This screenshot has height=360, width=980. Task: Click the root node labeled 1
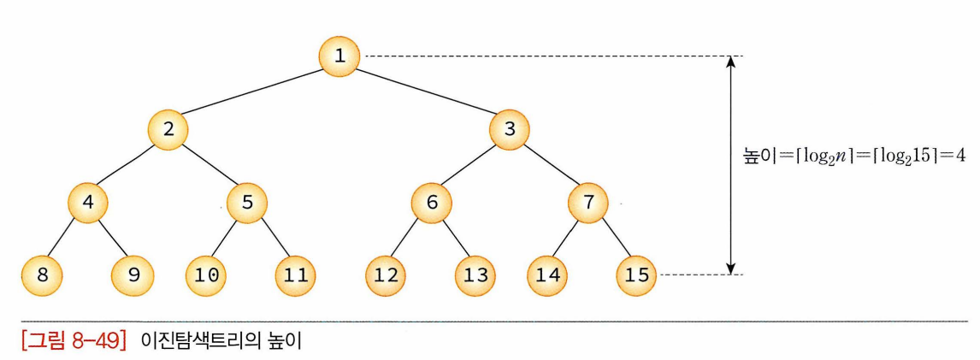click(x=339, y=56)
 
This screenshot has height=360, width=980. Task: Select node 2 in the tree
click(x=168, y=130)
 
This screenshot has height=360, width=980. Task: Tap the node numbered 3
click(x=511, y=130)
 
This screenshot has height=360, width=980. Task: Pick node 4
click(x=89, y=203)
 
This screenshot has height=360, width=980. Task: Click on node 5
click(x=247, y=203)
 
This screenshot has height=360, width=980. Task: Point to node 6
click(x=431, y=203)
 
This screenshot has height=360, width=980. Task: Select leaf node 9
click(x=133, y=275)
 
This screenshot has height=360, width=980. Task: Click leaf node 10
click(x=207, y=275)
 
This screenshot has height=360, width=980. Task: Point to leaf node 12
click(x=386, y=275)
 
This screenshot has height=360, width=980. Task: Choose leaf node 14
click(x=546, y=275)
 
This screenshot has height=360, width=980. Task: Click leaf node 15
click(x=635, y=275)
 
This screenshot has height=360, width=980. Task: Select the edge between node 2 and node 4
click(x=128, y=167)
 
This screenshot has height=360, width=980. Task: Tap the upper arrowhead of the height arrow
click(x=729, y=62)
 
